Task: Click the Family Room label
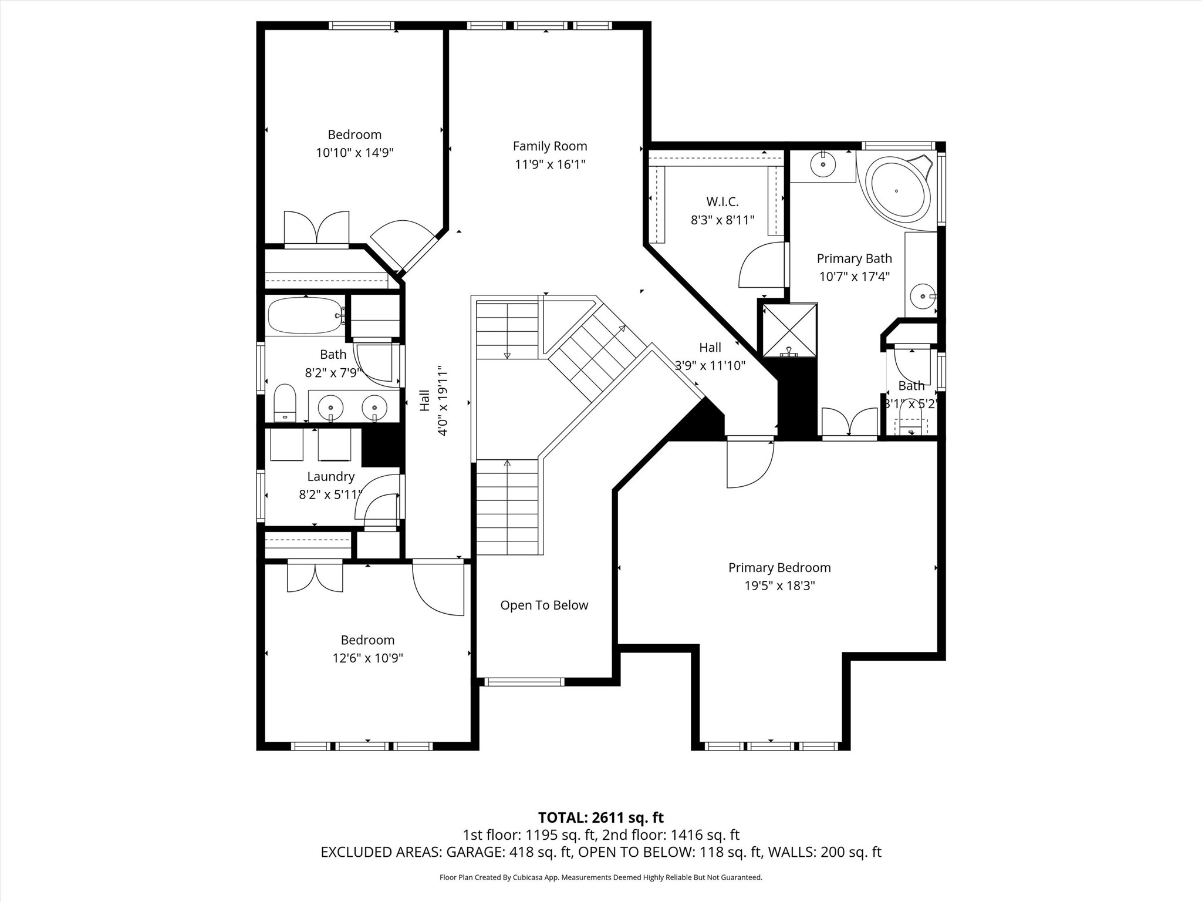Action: click(x=550, y=146)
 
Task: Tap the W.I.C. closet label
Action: click(x=722, y=202)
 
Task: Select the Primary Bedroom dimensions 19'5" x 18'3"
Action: click(x=780, y=585)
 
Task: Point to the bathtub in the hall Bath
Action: click(x=306, y=316)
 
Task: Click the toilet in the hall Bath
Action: click(x=285, y=403)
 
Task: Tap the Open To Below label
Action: click(x=544, y=605)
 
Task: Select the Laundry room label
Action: click(x=331, y=477)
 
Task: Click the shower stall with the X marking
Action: click(x=789, y=330)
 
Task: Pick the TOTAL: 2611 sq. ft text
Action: click(x=601, y=817)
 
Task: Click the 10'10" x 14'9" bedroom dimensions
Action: click(x=354, y=153)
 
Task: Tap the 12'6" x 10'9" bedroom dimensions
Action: click(x=368, y=658)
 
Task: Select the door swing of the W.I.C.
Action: click(x=762, y=265)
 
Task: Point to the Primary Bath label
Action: click(x=855, y=258)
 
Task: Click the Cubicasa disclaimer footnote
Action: click(x=601, y=877)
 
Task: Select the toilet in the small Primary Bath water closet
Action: click(x=911, y=424)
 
